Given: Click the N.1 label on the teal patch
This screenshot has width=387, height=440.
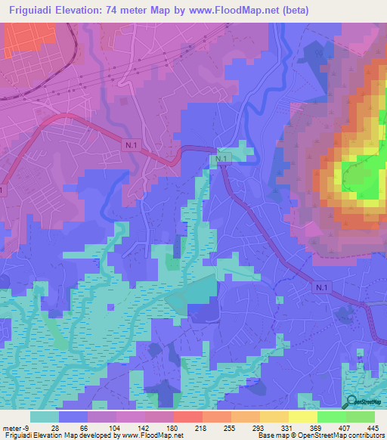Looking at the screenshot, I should click(221, 159).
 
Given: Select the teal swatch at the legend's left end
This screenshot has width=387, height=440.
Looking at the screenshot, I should click(45, 417).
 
